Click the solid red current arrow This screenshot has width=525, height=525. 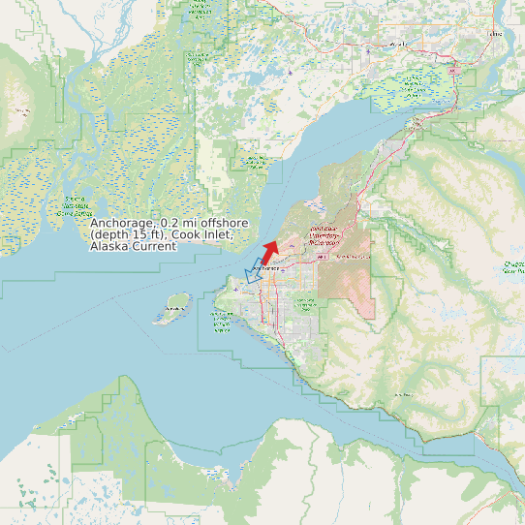(268, 252)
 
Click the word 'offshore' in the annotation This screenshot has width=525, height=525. (221, 224)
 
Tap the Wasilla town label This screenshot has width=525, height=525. (396, 45)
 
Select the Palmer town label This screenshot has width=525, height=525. (496, 34)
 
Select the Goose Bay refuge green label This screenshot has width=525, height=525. (256, 161)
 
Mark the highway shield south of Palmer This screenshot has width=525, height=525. (452, 71)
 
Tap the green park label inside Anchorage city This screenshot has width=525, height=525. (305, 303)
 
